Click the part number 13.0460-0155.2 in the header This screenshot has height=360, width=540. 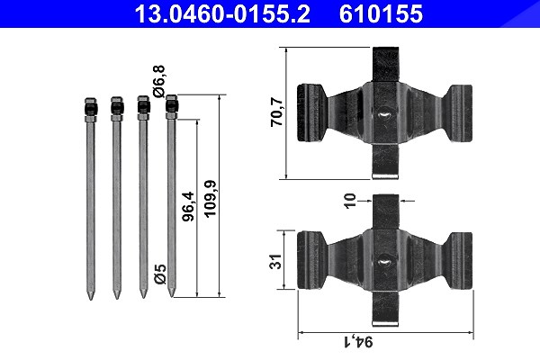tap(222, 14)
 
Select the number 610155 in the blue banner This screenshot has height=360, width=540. tap(381, 14)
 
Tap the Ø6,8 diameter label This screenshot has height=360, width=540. tap(159, 81)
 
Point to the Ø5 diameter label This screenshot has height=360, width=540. tap(160, 274)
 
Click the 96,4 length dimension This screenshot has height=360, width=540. tap(188, 206)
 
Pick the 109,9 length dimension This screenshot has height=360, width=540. tap(210, 199)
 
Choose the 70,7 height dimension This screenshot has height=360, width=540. tap(276, 112)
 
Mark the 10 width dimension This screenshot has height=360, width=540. tap(349, 201)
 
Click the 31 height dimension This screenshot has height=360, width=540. tap(275, 262)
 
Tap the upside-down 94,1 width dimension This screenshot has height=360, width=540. tap(358, 342)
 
